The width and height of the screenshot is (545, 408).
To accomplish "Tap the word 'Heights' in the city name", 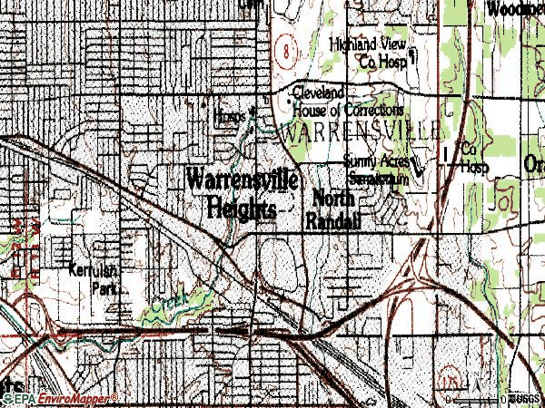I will pyautogui.click(x=240, y=208).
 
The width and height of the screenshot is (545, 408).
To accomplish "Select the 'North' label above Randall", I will pyautogui.click(x=334, y=199).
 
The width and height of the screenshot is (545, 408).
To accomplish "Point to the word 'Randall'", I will pyautogui.click(x=333, y=220).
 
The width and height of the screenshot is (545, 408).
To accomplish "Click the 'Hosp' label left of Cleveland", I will pyautogui.click(x=230, y=116).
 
